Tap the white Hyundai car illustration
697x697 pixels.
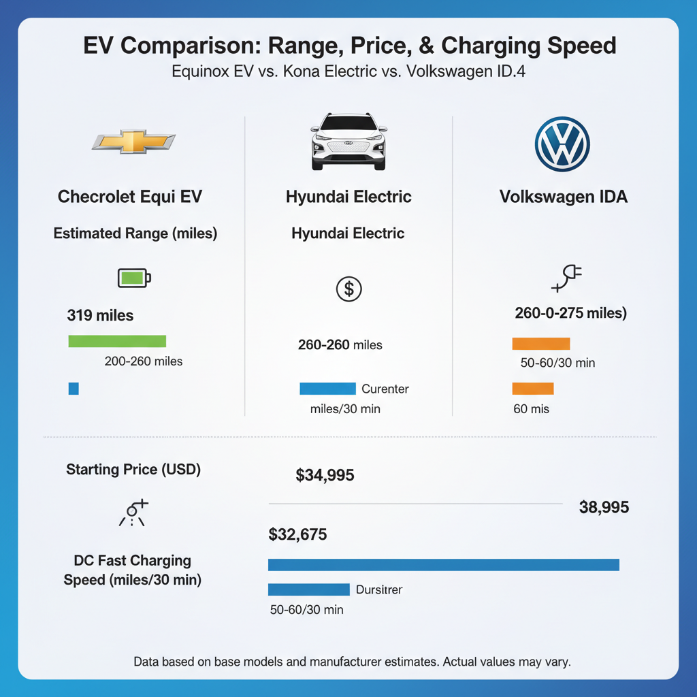pos(348,142)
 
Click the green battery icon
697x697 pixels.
pos(134,277)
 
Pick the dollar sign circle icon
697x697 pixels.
pos(349,289)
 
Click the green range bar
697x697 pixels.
pos(117,341)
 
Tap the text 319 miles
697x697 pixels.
pos(100,316)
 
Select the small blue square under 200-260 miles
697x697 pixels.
pos(74,389)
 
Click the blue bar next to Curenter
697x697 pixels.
pos(327,389)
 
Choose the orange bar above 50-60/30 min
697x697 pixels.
pos(540,343)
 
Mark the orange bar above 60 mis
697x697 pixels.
pos(532,389)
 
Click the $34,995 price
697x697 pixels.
pos(325,476)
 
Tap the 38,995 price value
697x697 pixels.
pos(603,507)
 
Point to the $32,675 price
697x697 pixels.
pos(298,535)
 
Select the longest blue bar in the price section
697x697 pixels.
pos(443,564)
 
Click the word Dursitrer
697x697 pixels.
pos(379,590)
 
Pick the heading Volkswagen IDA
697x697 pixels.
pos(563,197)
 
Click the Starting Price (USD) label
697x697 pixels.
pos(133,470)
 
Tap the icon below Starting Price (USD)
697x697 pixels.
pos(133,512)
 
